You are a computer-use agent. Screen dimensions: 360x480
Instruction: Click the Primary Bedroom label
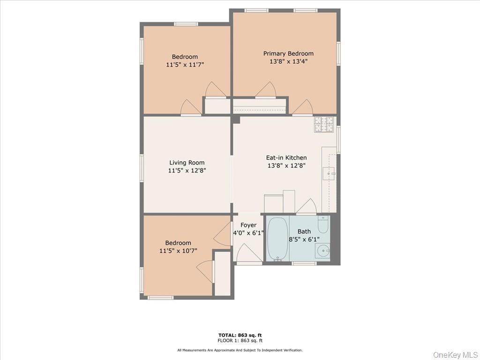click(288, 53)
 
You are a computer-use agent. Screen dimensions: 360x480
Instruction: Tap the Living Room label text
click(187, 163)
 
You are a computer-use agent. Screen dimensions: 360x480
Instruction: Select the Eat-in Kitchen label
click(286, 157)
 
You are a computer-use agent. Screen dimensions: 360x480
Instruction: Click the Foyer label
click(248, 225)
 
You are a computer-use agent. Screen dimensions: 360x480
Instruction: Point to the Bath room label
click(304, 231)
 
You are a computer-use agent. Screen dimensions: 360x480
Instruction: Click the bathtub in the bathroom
click(277, 238)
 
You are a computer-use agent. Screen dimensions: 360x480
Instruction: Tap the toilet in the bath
click(323, 225)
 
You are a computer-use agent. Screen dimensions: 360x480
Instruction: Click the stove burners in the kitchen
click(324, 124)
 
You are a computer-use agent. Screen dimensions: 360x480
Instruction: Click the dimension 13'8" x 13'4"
click(288, 61)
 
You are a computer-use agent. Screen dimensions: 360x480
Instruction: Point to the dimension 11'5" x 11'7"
click(185, 65)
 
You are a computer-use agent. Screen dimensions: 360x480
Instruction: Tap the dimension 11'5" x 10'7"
click(178, 251)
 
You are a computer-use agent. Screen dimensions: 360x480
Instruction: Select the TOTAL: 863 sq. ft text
click(240, 335)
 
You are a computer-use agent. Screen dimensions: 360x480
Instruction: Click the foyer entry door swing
click(247, 254)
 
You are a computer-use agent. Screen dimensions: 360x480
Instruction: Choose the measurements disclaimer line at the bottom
click(240, 350)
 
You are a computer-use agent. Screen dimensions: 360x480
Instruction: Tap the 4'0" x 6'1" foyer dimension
click(248, 233)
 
